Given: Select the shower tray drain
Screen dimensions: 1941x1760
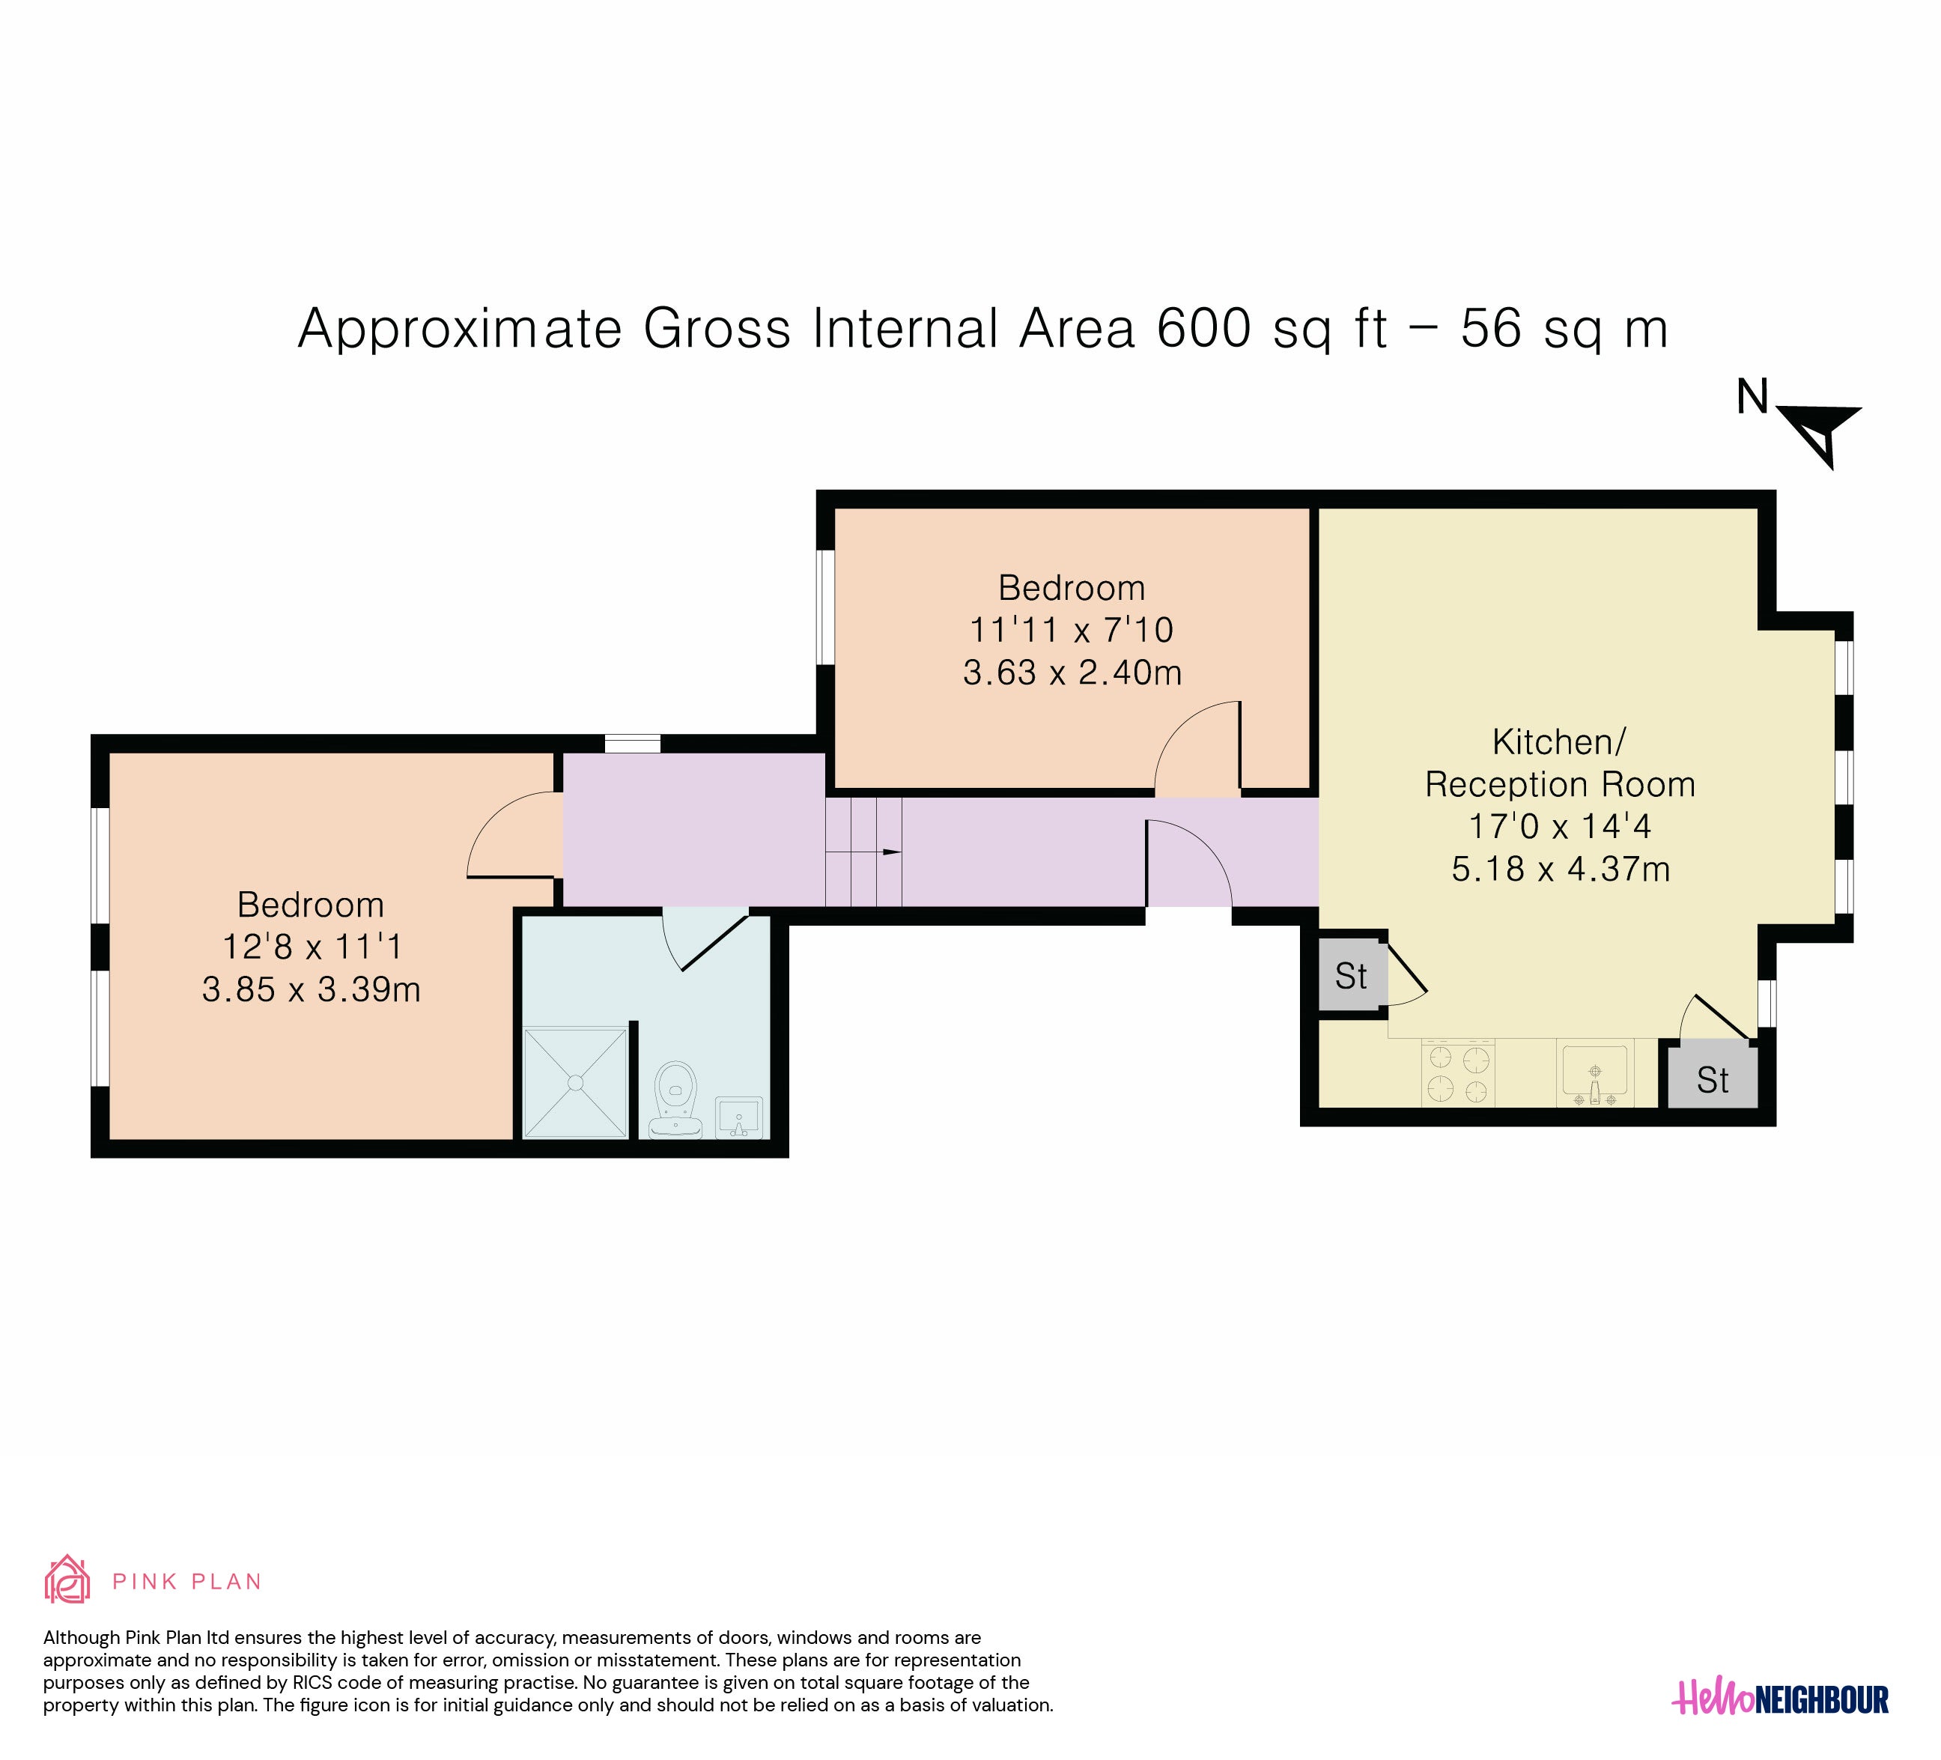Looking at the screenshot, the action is tap(576, 1082).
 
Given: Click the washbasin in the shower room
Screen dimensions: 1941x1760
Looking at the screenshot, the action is tap(739, 1117).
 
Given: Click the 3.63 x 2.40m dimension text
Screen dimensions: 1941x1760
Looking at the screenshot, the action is tap(1072, 672).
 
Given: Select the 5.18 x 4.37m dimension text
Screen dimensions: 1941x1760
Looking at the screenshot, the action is tap(1561, 870).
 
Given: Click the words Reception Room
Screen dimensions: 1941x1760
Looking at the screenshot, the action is tap(1560, 785).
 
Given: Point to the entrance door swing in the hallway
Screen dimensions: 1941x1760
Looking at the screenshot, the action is tap(1189, 863).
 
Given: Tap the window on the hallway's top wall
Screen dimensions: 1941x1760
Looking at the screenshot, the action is tap(633, 743).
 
